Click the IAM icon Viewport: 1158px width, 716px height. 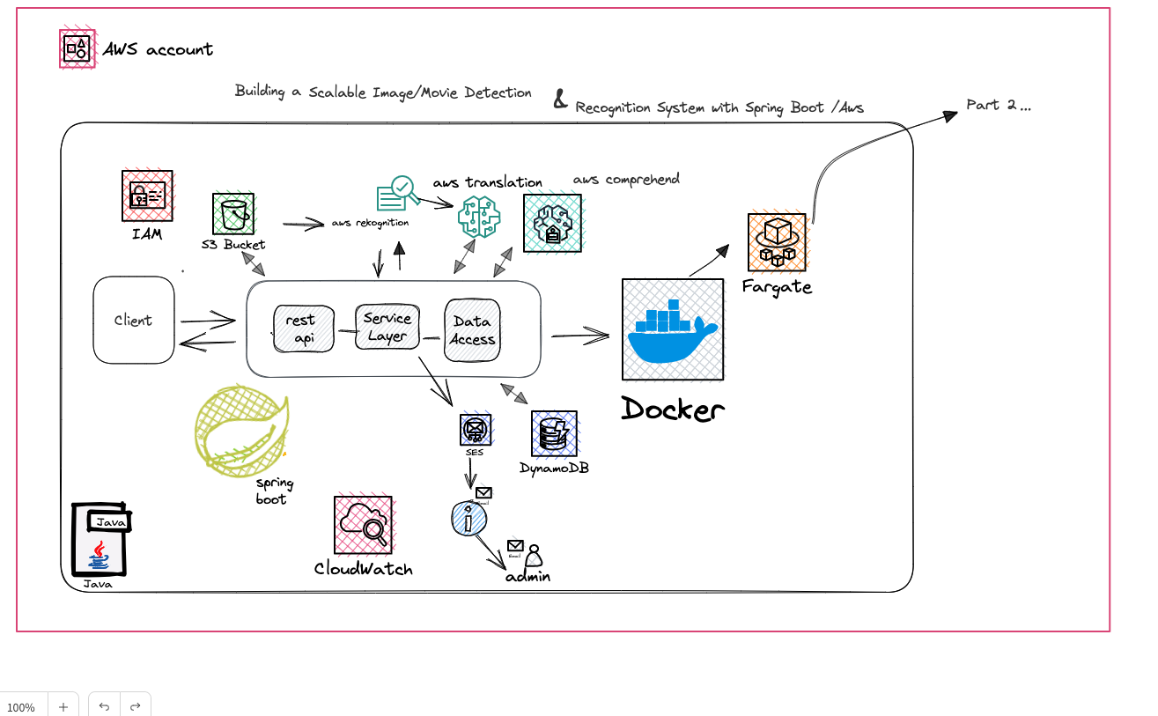point(147,196)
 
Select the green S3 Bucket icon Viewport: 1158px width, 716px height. point(233,214)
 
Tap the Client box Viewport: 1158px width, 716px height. point(134,320)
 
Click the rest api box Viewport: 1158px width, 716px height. point(303,328)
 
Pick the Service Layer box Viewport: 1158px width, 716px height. point(387,327)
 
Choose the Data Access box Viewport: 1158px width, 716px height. point(472,330)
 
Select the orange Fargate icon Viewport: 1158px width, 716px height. point(777,242)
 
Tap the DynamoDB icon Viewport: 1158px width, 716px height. point(554,433)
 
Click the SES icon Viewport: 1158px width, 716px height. point(476,430)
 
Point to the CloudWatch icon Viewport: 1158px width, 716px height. point(363,525)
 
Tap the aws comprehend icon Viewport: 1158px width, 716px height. point(552,223)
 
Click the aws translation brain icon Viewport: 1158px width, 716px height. point(479,217)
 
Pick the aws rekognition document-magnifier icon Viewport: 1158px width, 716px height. point(394,194)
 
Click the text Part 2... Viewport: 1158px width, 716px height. point(998,105)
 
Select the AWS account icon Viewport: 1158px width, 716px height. point(77,48)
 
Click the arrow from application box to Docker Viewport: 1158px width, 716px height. point(580,336)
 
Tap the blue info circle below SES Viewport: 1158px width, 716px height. point(468,519)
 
